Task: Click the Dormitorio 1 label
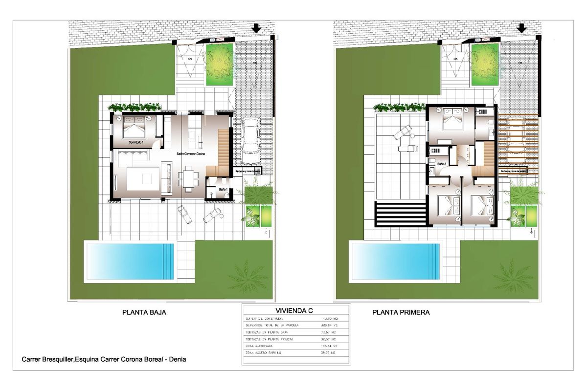[138, 142]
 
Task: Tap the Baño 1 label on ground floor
[223, 189]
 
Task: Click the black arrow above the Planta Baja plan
[256, 29]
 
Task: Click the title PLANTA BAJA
[142, 312]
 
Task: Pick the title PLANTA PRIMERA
[401, 312]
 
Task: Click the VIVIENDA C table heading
[294, 310]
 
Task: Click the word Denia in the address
[177, 359]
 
